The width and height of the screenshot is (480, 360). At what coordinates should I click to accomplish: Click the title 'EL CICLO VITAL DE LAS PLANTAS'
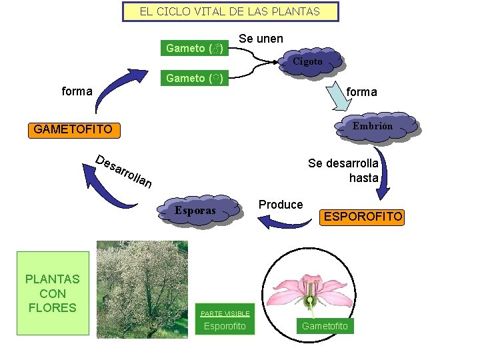(230, 11)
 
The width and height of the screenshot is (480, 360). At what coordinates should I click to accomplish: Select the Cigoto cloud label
(307, 61)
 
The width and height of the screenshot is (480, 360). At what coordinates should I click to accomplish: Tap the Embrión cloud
(373, 126)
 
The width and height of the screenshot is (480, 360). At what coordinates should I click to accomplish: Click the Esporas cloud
(195, 211)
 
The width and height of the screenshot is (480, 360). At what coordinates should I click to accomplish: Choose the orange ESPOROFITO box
(363, 217)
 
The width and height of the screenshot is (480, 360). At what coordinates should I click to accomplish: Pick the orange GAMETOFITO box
(73, 129)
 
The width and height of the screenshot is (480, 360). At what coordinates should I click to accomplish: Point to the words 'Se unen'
(261, 39)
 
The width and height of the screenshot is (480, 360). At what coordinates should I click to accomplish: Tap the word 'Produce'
(281, 205)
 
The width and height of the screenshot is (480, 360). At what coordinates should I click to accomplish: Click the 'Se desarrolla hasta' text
(343, 171)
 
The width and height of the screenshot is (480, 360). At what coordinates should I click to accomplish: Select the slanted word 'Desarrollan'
(123, 171)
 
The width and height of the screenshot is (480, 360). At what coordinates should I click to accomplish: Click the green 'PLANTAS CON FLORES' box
(53, 293)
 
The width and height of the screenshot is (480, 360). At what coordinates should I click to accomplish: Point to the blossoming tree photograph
(142, 289)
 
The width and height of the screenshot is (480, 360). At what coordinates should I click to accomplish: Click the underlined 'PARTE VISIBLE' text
(225, 313)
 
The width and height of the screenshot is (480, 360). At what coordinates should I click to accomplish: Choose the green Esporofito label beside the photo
(225, 326)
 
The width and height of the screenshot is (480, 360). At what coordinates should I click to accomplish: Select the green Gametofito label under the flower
(325, 326)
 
